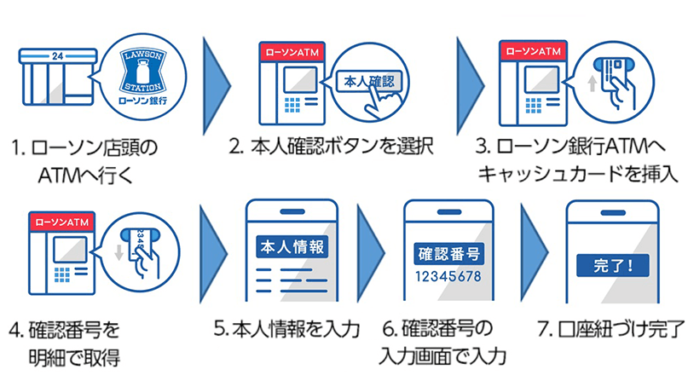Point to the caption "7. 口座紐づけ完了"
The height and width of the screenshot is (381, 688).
(x=611, y=327)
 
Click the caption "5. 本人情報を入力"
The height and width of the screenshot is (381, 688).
(x=286, y=327)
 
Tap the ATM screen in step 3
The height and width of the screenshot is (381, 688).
(x=542, y=80)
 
